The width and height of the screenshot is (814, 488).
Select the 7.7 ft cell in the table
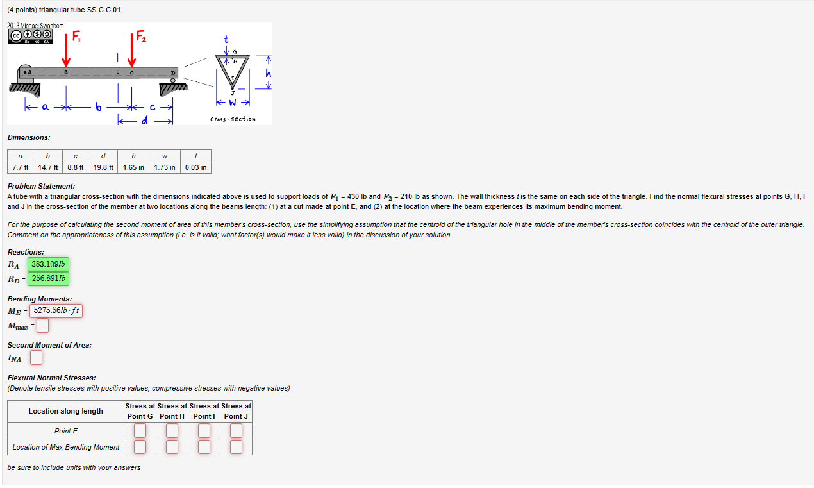tap(20, 167)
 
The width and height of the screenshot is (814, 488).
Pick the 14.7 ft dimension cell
tap(48, 167)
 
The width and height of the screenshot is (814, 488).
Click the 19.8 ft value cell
tap(103, 167)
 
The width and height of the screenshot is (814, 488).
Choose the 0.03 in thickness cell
tap(195, 167)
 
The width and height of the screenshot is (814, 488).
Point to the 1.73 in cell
tap(165, 167)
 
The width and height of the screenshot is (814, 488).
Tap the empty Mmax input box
tap(42, 326)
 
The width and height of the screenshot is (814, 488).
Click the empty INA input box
tap(37, 357)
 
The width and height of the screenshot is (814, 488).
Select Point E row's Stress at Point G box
tap(140, 431)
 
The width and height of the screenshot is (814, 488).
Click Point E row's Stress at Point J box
tap(236, 431)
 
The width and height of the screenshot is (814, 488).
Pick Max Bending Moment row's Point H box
tap(172, 446)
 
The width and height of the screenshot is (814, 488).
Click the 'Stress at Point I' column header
tap(204, 411)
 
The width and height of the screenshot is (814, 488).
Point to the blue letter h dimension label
tap(269, 74)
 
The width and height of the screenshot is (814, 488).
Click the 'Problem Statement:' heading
tap(41, 186)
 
